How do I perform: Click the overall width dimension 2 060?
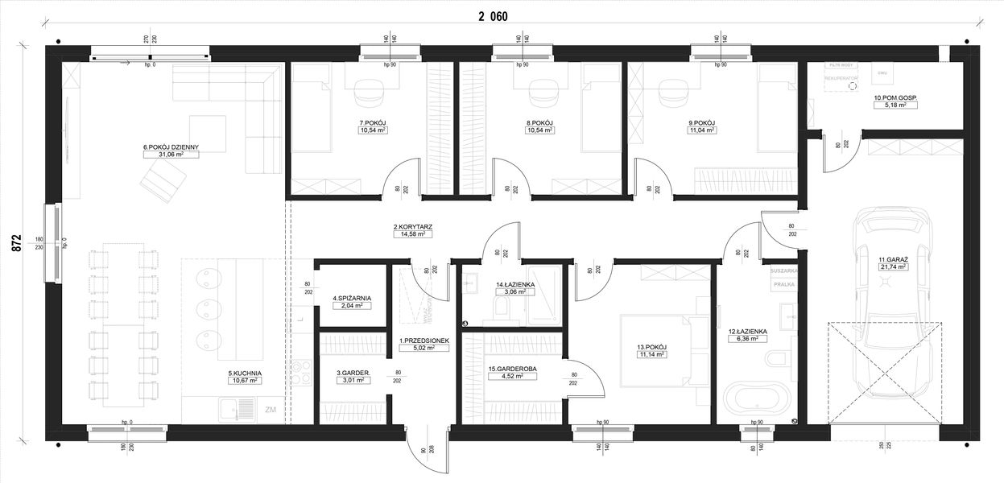tap(492, 16)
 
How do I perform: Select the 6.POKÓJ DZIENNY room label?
tap(171, 147)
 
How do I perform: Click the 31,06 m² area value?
tap(171, 155)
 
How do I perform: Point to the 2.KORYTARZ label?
tap(413, 227)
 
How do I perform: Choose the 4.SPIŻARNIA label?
tap(352, 297)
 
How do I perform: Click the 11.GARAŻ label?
tap(893, 258)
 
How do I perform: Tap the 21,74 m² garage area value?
tap(893, 266)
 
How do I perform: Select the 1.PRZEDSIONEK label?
tap(423, 341)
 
